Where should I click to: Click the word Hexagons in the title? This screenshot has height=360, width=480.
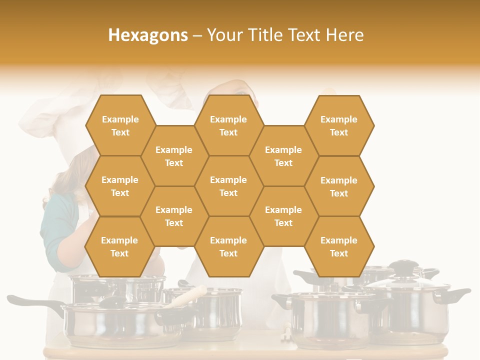tap(148, 35)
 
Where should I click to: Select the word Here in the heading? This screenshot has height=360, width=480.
tap(344, 35)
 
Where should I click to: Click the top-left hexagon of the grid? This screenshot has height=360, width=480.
tap(120, 125)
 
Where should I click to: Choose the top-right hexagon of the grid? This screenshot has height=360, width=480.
tap(339, 125)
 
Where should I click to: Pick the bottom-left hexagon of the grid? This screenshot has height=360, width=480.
tap(119, 246)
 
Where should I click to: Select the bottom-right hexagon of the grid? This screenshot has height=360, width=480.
tap(339, 246)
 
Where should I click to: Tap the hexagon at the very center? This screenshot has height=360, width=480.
tap(228, 186)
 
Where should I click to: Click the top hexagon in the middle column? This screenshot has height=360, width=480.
tap(228, 125)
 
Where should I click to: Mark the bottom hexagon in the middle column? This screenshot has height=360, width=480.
tap(228, 246)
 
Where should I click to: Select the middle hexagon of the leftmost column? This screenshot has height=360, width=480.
tap(120, 186)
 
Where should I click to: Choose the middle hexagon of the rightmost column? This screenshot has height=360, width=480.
tap(339, 186)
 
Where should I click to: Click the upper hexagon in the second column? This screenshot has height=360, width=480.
tap(174, 156)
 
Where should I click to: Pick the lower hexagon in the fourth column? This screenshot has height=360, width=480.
tap(283, 216)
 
